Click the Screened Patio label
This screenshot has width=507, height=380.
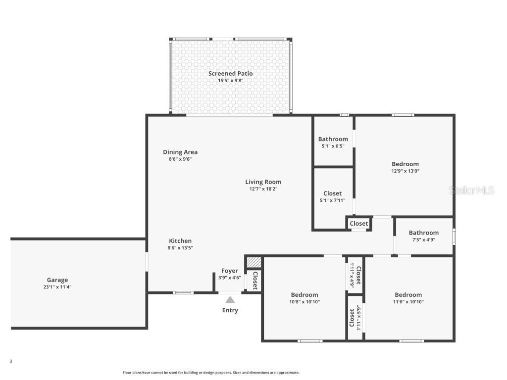click(x=230, y=74)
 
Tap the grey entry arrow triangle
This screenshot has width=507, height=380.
click(x=230, y=299)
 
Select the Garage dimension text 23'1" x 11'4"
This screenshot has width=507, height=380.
click(x=57, y=287)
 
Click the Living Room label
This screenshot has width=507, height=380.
click(x=263, y=182)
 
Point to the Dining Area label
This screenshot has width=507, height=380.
click(x=180, y=152)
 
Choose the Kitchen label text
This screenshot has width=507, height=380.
click(x=180, y=241)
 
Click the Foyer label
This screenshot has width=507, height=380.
click(x=229, y=271)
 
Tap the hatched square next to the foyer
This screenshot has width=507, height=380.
click(x=253, y=262)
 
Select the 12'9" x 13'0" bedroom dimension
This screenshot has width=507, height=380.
click(x=405, y=171)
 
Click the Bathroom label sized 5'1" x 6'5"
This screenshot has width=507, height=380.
click(x=333, y=139)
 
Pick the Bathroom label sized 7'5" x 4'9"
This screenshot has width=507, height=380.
click(x=423, y=233)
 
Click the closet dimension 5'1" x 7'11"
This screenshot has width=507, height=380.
click(x=332, y=200)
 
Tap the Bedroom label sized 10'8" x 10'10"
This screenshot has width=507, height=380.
click(x=304, y=295)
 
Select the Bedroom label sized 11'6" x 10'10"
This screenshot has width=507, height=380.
click(x=408, y=295)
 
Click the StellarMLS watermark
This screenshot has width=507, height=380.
click(x=471, y=190)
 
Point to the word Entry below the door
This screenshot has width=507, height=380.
click(x=230, y=310)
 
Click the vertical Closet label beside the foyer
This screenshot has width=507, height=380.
click(x=255, y=281)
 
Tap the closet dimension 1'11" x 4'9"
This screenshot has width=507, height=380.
click(x=352, y=275)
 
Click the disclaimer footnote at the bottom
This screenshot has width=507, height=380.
click(x=211, y=373)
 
